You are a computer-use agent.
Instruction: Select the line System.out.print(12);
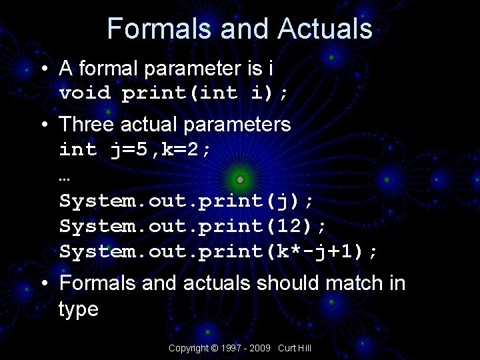[193, 227]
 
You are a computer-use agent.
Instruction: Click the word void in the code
[85, 93]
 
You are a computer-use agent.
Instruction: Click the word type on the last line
[79, 309]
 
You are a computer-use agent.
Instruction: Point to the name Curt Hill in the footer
[295, 349]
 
